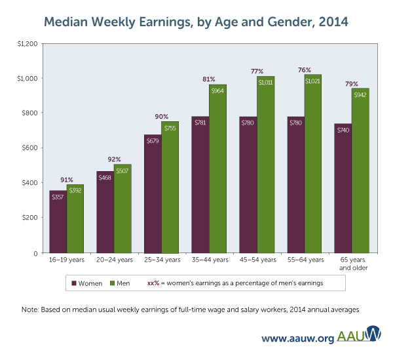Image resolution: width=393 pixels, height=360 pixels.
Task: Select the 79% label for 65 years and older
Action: click(352, 83)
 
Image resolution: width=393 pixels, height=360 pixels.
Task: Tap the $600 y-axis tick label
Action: click(31, 148)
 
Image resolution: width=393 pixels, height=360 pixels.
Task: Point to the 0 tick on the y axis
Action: click(37, 252)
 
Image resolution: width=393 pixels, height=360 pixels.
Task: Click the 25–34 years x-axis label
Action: click(161, 261)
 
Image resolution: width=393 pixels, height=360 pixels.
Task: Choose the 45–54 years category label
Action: click(256, 261)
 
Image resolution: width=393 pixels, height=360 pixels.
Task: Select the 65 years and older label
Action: click(352, 264)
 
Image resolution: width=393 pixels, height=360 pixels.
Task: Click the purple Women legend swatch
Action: click(75, 283)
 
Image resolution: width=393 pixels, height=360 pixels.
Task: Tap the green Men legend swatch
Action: click(112, 283)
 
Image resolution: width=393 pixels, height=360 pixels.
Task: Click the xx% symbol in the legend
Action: click(155, 283)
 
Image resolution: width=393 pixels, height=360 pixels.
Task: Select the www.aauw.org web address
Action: click(298, 338)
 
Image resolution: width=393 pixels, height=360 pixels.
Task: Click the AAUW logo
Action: click(360, 335)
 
